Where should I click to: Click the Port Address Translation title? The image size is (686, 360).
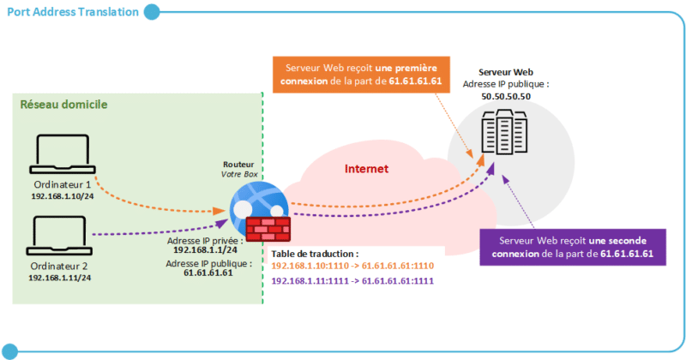(72, 12)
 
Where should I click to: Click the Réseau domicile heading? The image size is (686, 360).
(63, 105)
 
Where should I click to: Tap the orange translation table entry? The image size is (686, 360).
(352, 267)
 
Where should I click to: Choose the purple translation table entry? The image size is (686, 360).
(352, 281)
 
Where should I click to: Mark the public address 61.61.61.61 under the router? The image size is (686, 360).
(208, 273)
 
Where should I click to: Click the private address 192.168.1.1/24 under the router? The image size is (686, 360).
(208, 249)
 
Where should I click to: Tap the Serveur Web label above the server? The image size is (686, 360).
(506, 73)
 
